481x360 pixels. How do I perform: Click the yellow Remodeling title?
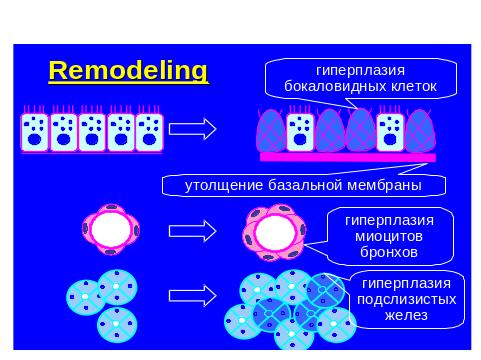pyautogui.click(x=128, y=71)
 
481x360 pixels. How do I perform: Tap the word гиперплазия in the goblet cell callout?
pyautogui.click(x=360, y=71)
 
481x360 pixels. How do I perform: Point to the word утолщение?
pyautogui.click(x=224, y=185)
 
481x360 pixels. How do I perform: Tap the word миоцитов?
pyautogui.click(x=389, y=236)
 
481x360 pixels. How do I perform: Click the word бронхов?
pyautogui.click(x=389, y=252)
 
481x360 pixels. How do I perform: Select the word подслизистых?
pyautogui.click(x=406, y=299)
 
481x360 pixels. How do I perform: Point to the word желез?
pyautogui.click(x=406, y=315)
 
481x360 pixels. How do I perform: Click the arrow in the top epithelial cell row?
pyautogui.click(x=193, y=129)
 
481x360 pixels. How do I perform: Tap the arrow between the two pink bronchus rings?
pyautogui.click(x=193, y=231)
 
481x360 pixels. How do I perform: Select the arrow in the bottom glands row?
pyautogui.click(x=193, y=296)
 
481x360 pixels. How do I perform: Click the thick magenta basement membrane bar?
pyautogui.click(x=348, y=157)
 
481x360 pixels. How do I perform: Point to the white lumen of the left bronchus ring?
pyautogui.click(x=111, y=229)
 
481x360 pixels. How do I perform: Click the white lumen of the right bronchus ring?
pyautogui.click(x=275, y=231)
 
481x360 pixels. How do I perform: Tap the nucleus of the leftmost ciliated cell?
pyautogui.click(x=35, y=139)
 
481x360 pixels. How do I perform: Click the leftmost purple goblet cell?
pyautogui.click(x=271, y=131)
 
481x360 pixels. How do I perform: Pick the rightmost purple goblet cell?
pyautogui.click(x=420, y=131)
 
